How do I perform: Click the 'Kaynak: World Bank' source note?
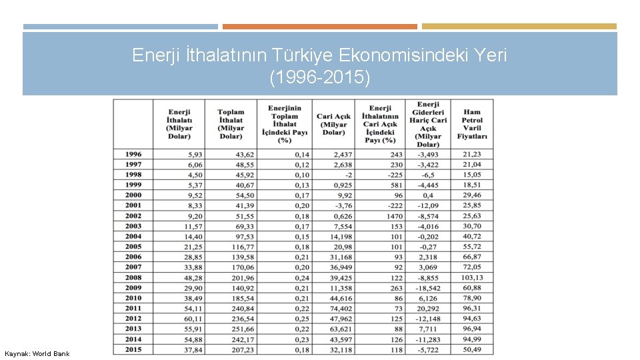(x=37, y=353)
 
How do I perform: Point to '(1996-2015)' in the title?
(x=319, y=77)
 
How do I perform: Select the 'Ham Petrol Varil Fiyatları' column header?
(x=472, y=124)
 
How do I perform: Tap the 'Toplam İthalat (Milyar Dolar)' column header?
(x=231, y=124)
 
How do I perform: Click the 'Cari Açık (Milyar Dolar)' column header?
(x=333, y=124)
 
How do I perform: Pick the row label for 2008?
(x=133, y=277)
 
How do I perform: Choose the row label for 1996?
(x=133, y=154)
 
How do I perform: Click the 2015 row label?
(x=133, y=349)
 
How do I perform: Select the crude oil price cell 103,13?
(x=471, y=277)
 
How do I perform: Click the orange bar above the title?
(x=319, y=27)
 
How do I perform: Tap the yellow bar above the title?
(x=519, y=27)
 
